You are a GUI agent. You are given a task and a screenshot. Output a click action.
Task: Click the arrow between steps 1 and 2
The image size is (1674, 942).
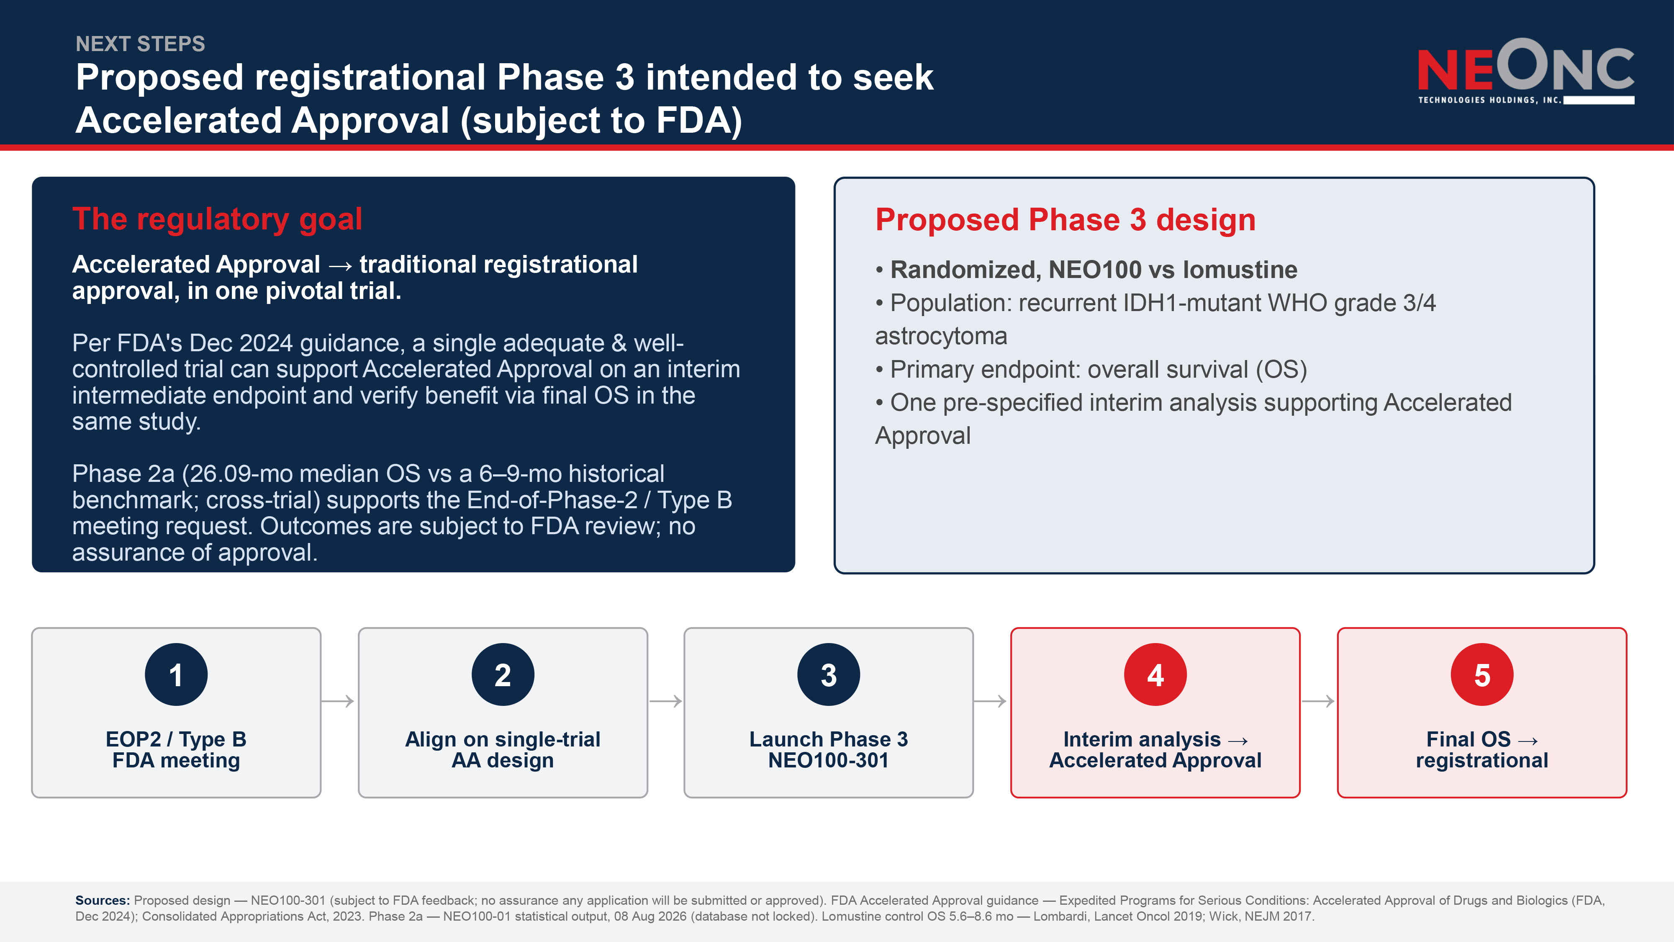pos(338,701)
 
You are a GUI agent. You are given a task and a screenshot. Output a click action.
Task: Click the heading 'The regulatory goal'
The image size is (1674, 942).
pos(217,219)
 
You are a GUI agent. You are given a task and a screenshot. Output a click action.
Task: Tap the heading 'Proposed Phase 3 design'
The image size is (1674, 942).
pos(1065,220)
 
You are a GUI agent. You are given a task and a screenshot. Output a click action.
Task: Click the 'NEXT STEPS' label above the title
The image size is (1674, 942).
pos(140,44)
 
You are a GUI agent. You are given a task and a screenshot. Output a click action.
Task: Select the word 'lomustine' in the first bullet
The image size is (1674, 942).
pos(1239,269)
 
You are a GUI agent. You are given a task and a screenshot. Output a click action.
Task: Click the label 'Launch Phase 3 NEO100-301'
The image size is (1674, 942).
pos(829,749)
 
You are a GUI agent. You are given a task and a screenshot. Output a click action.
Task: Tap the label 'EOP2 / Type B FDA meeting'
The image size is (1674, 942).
pos(176,749)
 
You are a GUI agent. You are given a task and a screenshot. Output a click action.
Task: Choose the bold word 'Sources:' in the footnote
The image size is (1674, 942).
pos(103,901)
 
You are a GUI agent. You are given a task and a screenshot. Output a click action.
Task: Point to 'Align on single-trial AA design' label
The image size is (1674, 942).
pos(503,749)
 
